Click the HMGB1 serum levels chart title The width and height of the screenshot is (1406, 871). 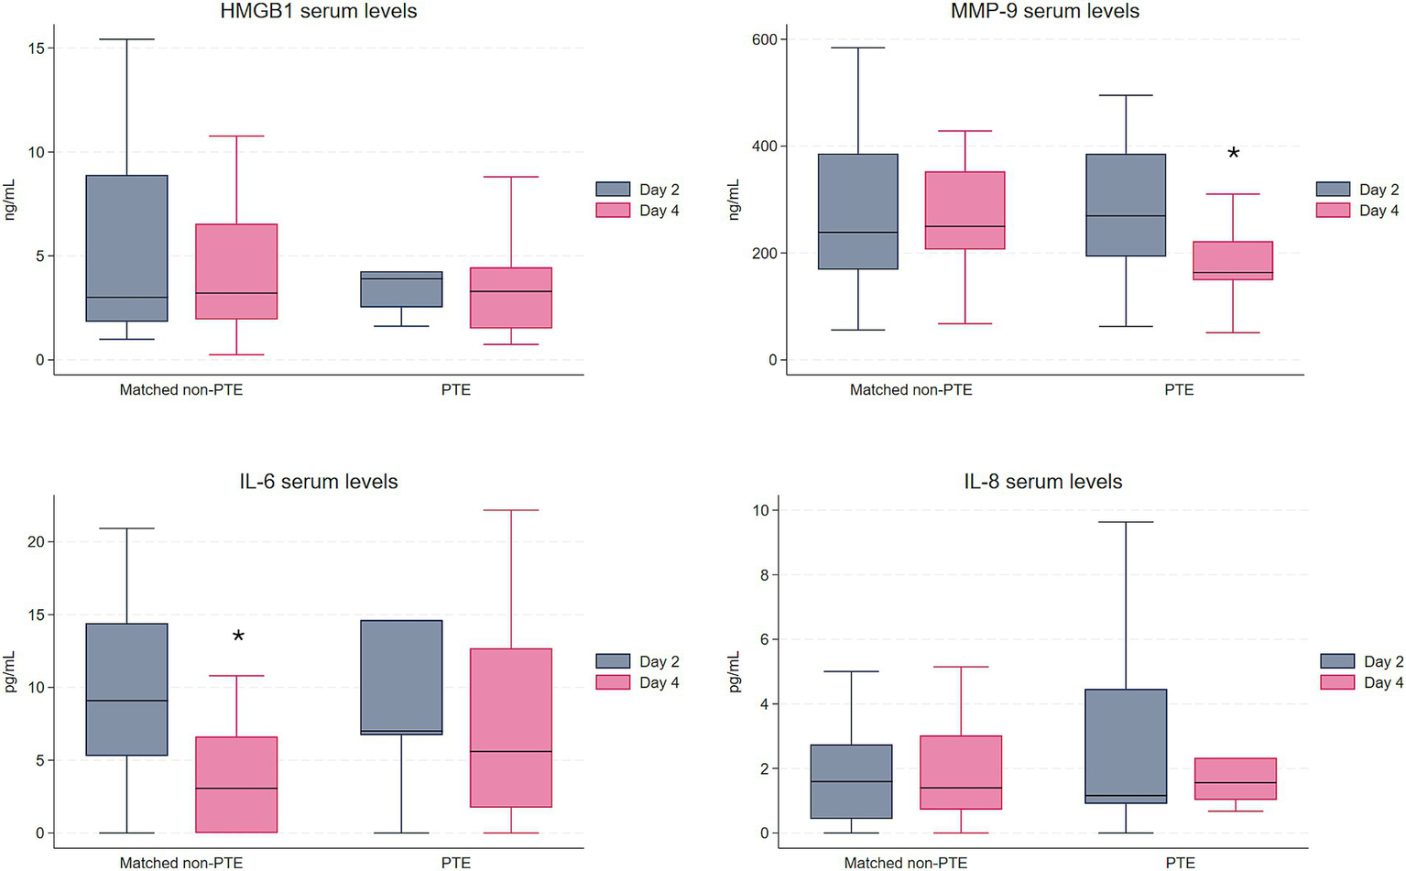318,12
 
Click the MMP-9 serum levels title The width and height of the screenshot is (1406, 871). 1044,12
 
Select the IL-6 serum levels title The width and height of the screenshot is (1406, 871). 318,482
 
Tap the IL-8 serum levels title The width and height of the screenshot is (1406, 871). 1042,482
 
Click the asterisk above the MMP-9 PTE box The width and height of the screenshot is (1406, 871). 1233,154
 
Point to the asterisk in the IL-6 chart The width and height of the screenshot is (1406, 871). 238,637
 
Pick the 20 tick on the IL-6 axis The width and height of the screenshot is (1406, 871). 34,542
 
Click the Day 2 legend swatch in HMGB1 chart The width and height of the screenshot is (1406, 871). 613,190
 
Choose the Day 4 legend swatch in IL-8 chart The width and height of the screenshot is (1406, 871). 1337,682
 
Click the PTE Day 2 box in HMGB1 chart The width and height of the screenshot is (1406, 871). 401,289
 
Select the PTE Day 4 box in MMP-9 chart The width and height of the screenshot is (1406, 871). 1233,260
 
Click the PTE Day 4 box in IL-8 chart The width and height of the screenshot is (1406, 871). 1234,778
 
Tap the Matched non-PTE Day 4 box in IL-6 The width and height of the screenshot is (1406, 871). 237,784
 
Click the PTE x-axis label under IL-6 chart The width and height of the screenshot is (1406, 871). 455,863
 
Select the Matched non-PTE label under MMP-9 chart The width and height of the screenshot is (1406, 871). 910,390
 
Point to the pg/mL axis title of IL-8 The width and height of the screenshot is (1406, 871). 735,671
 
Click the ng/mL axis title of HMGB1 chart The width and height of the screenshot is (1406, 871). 10,201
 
